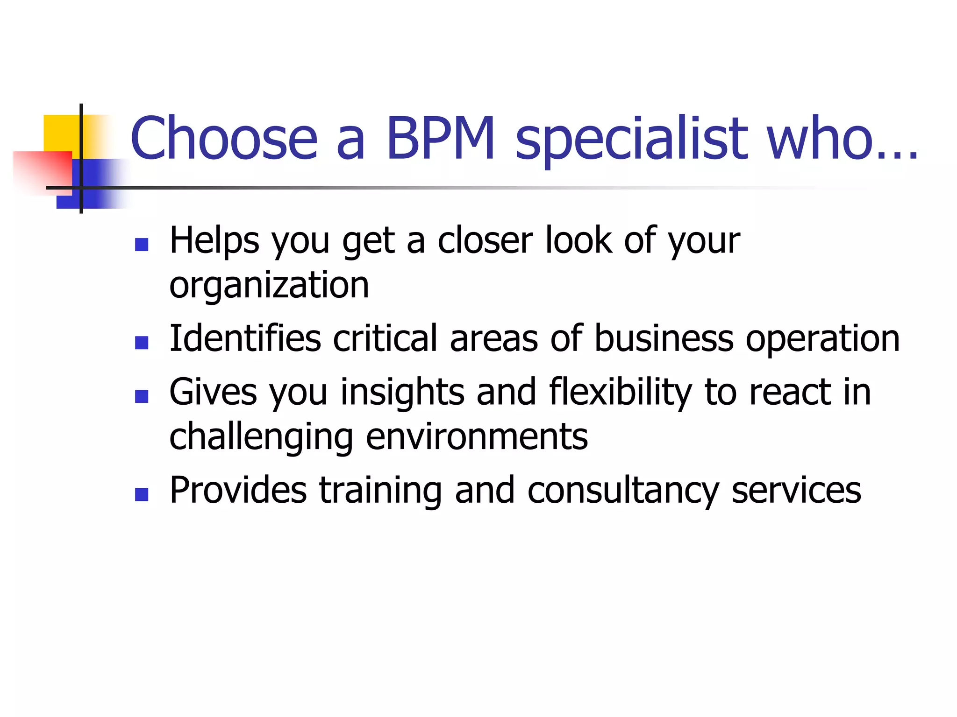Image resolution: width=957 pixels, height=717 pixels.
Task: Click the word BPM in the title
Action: pos(441,138)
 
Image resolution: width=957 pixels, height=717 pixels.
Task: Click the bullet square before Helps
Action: pos(141,245)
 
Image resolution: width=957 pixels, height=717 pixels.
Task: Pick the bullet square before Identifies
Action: pos(141,343)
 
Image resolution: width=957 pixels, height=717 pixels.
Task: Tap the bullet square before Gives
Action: pos(141,396)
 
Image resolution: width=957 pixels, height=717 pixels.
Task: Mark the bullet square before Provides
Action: pos(141,494)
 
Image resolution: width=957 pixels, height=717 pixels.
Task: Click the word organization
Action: pos(269,286)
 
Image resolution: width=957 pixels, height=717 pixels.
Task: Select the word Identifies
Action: pos(245,338)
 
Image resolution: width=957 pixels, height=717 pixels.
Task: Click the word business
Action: pos(664,338)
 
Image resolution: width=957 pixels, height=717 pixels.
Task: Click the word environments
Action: pos(477,437)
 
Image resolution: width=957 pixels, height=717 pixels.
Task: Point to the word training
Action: pos(380,491)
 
